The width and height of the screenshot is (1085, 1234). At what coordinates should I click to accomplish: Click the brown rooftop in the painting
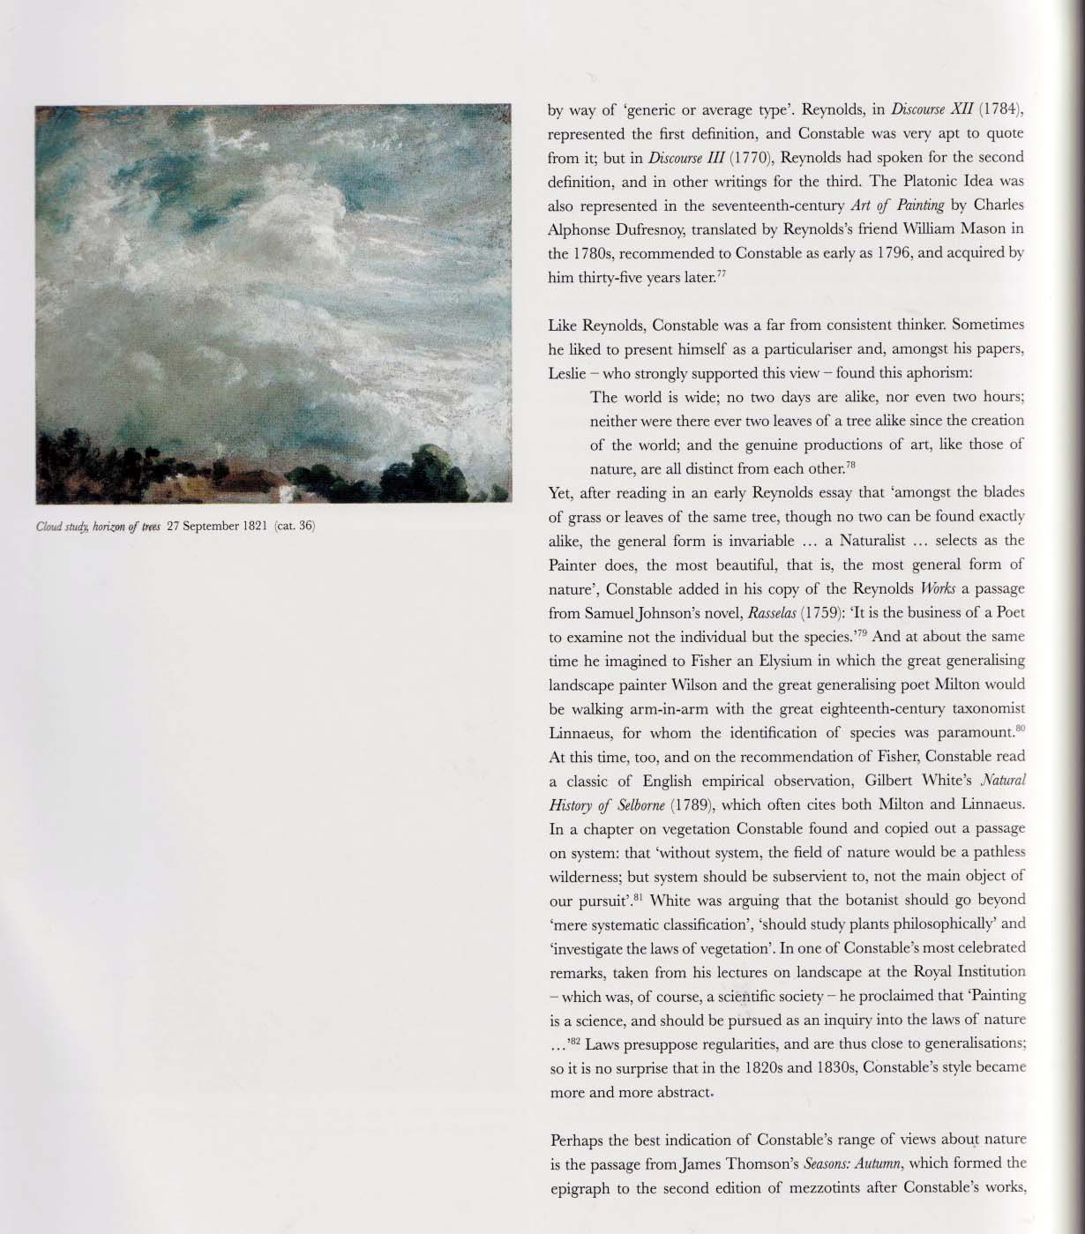(x=247, y=481)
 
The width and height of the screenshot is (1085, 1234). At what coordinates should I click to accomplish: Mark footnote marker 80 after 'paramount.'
(x=1020, y=728)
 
